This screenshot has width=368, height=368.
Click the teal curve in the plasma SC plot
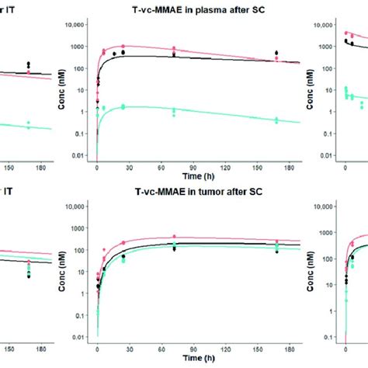point(194,109)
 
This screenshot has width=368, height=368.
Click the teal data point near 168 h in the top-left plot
point(29,123)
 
